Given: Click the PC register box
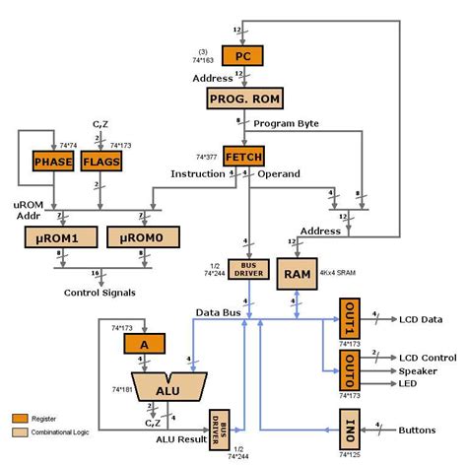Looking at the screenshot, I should pos(242,58).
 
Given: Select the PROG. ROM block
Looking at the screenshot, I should pos(242,99).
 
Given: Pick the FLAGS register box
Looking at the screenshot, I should pos(101,161).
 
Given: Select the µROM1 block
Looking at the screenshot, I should pos(54,236).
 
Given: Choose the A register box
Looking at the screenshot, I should pos(145,343).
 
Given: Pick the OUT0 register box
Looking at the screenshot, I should pos(351,369).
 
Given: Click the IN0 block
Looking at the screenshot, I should pos(351,431).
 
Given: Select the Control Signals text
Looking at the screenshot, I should pos(99,293).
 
